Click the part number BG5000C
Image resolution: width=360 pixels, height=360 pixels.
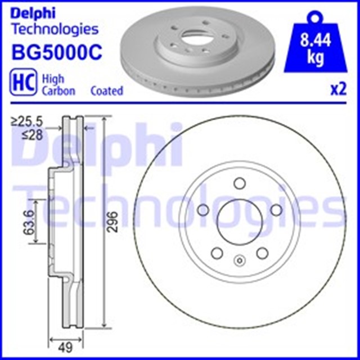click(x=56, y=53)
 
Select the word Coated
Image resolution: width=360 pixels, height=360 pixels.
click(x=106, y=91)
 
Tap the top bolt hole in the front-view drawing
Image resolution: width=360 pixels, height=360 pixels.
click(x=239, y=183)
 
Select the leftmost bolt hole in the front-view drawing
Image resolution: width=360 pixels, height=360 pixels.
click(x=202, y=210)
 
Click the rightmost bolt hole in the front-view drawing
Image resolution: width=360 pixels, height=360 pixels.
click(x=276, y=210)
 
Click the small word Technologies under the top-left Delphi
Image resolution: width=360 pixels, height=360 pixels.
click(x=55, y=29)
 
